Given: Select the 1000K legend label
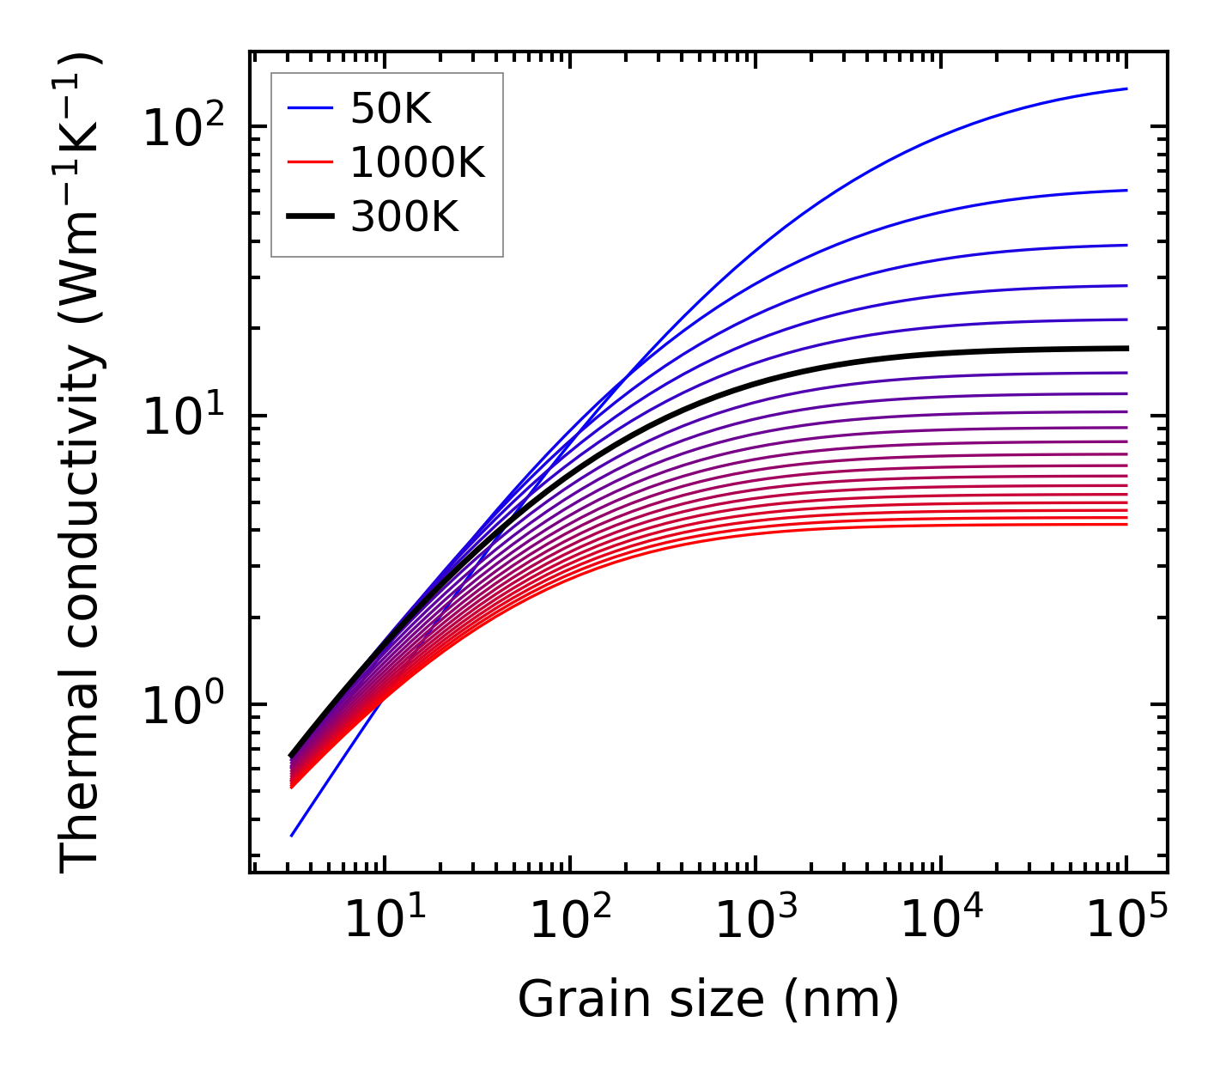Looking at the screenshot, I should point(417,162).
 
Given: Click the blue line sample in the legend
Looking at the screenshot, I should point(310,108).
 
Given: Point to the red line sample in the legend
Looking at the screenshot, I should point(310,162).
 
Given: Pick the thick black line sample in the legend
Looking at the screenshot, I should point(310,217).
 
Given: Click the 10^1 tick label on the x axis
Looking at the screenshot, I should point(385,921).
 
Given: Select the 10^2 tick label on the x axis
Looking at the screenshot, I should point(570,921).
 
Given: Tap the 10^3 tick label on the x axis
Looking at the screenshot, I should point(756,921).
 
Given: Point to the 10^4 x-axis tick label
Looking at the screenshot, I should point(941,921).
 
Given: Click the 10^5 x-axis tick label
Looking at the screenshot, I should point(1126,921).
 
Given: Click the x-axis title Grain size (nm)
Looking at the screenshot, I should point(708,1000).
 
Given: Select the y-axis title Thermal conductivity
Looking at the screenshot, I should point(82,464).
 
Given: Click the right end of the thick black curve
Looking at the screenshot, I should point(1126,348).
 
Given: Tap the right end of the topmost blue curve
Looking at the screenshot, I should point(1126,88).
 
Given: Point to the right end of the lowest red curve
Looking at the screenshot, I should point(1126,524).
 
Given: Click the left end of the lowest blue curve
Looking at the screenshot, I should point(292,836).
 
